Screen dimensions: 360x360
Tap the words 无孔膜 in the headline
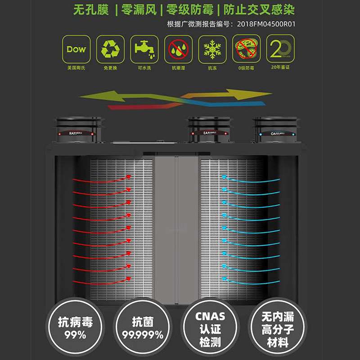click(x=91, y=10)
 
